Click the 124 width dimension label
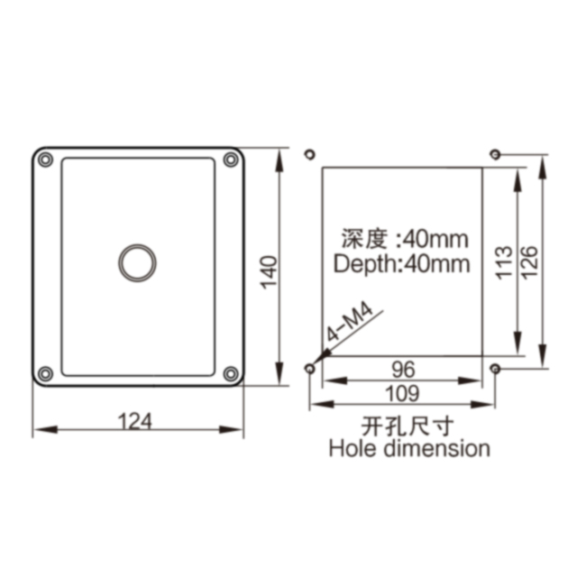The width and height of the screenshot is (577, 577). (x=134, y=422)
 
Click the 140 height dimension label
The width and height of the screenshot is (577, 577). (x=269, y=272)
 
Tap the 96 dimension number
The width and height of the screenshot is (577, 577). (x=403, y=370)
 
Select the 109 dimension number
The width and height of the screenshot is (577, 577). (x=402, y=393)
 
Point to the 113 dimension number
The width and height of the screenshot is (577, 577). (x=504, y=262)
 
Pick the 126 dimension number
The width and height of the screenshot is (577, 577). (x=529, y=262)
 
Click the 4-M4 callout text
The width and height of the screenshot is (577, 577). (x=350, y=323)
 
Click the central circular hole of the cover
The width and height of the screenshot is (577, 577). (x=137, y=262)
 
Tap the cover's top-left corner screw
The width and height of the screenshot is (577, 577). (x=46, y=160)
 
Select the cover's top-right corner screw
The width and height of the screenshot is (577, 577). (x=231, y=160)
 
